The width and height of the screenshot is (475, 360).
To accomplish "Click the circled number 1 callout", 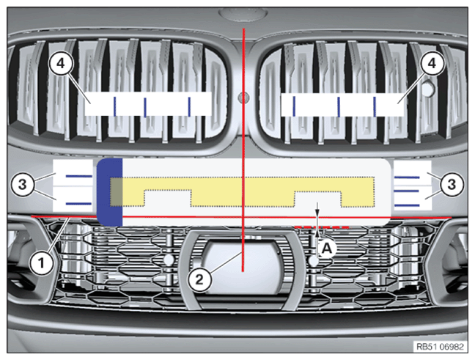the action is click(42, 262).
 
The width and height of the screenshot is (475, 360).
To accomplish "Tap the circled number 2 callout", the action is click(199, 279).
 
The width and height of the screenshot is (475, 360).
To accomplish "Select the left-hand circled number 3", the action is click(23, 184).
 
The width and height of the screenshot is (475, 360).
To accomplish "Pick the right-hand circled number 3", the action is click(452, 184).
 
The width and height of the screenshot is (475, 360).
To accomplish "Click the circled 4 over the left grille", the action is click(61, 63).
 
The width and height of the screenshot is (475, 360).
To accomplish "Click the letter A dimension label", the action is click(326, 249).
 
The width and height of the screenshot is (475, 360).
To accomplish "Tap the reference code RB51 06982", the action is click(440, 346).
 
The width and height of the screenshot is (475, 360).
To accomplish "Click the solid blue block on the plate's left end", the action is click(110, 192).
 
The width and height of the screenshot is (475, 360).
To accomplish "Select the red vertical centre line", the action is click(243, 150).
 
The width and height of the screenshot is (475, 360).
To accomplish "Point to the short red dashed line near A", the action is click(322, 227).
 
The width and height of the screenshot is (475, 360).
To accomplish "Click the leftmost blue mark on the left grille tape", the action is click(115, 106).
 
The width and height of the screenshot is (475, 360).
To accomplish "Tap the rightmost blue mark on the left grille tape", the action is click(189, 106).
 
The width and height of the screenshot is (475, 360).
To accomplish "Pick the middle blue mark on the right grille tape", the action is click(339, 106).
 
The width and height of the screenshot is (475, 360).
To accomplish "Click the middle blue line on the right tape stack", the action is click(407, 191).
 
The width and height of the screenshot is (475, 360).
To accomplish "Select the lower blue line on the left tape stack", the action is click(78, 204).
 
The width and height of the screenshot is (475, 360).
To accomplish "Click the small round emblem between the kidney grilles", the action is click(243, 98).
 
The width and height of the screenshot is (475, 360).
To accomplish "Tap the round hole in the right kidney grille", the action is click(428, 88).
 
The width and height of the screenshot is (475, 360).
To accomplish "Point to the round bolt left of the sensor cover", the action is click(169, 260).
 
